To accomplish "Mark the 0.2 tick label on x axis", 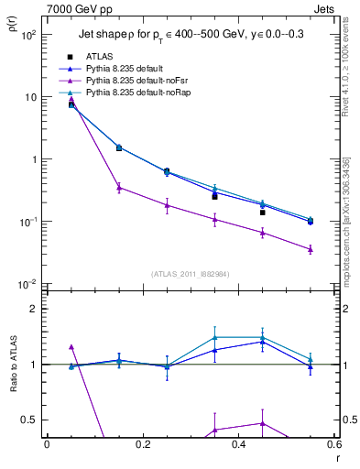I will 143,446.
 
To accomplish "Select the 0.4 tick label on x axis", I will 238,446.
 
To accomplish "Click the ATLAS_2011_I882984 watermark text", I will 190,274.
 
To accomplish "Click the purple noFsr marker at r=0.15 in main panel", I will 119,187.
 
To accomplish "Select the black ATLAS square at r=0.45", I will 262,213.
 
